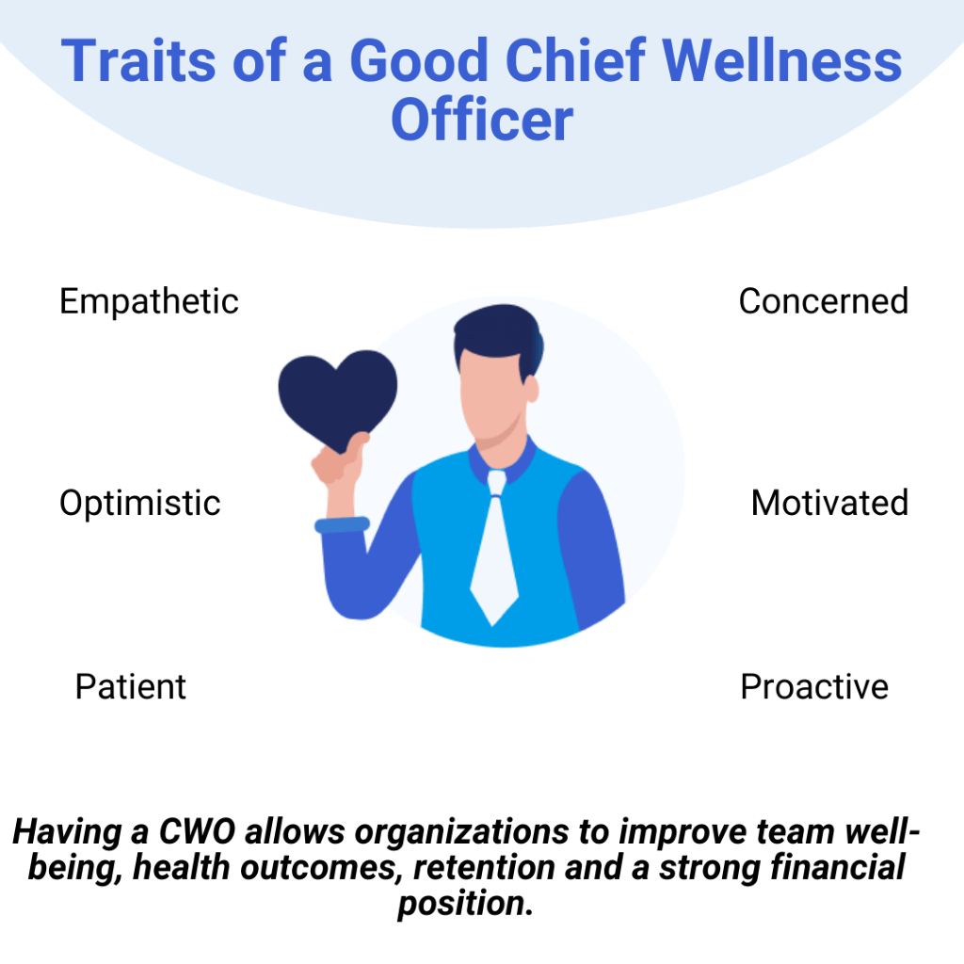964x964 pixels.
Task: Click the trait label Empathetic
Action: (149, 302)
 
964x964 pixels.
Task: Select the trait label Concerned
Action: (823, 301)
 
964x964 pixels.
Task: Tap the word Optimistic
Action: (139, 503)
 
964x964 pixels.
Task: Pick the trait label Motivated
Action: (829, 503)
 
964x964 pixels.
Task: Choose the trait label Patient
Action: (130, 686)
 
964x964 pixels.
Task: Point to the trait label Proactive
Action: (813, 686)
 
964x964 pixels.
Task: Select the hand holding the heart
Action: (339, 461)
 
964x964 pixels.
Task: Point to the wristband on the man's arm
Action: (341, 525)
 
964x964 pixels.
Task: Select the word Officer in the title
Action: (482, 120)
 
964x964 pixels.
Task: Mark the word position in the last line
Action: (465, 903)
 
